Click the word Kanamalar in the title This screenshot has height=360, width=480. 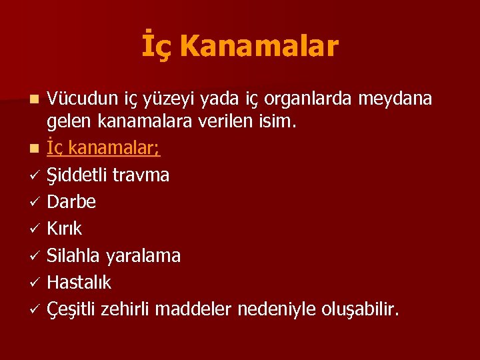pos(259,47)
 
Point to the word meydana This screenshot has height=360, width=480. pos(395,99)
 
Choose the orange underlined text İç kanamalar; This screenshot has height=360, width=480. pos(103,148)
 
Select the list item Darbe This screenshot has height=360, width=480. pos(71,202)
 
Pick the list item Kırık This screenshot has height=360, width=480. pos(65,229)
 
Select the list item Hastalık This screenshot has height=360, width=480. pos(79,283)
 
